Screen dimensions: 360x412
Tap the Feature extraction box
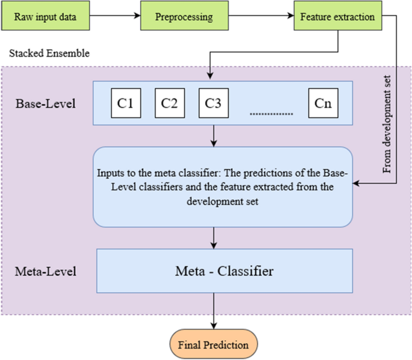(337, 17)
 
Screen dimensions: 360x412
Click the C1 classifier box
(125, 103)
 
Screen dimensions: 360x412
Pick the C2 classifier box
(170, 103)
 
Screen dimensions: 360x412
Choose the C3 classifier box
(213, 103)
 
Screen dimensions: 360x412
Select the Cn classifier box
(322, 103)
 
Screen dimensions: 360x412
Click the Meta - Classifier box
(224, 272)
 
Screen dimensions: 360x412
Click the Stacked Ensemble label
(49, 53)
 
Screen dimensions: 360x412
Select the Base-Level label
(46, 103)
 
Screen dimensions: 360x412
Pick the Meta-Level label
(46, 272)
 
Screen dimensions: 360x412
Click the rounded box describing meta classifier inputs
(222, 186)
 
